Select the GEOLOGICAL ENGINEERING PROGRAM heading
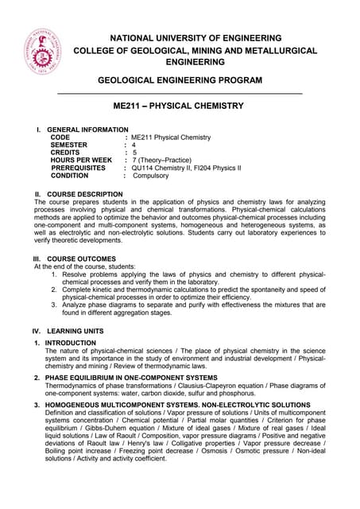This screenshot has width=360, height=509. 179,81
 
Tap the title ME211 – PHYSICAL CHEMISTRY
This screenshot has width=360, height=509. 180,106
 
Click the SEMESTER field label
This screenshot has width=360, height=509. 75,145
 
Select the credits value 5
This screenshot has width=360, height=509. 134,153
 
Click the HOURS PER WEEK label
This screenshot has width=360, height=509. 81,161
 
